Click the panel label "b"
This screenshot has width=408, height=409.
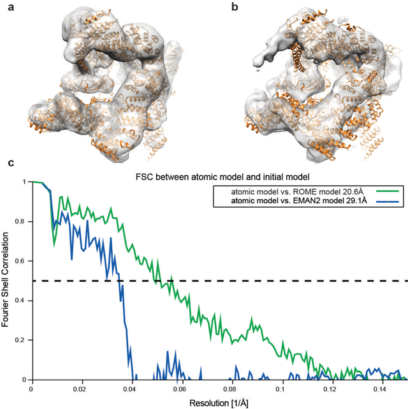click(x=217, y=8)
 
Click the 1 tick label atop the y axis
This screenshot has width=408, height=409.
click(x=25, y=182)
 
